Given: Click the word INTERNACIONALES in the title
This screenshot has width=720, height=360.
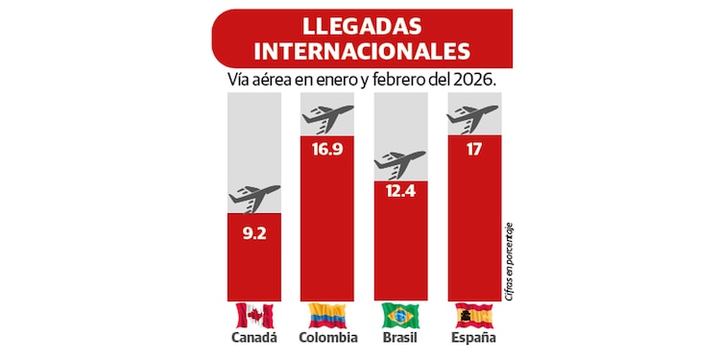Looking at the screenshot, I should click(x=360, y=50).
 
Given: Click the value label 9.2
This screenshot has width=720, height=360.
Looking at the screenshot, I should click(x=253, y=230).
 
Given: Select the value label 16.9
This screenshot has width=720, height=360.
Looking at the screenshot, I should click(x=327, y=152).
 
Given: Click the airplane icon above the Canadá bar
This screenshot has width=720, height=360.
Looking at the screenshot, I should click(x=254, y=197).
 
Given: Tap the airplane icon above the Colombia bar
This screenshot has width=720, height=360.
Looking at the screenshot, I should click(x=327, y=118).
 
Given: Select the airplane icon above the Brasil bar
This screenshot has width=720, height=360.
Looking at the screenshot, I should click(x=399, y=163).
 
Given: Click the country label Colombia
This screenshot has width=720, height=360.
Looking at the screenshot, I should click(x=327, y=338).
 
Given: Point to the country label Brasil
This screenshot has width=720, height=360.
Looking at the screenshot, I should click(x=400, y=338).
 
